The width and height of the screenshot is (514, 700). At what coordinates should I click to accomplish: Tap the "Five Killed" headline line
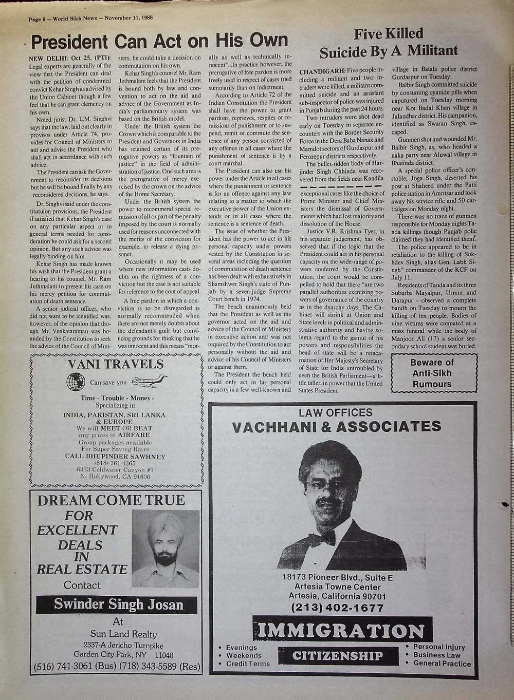[x=389, y=34]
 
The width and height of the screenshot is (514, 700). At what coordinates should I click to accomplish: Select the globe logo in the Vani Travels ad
[x=77, y=383]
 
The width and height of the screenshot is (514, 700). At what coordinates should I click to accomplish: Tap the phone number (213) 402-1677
[x=338, y=608]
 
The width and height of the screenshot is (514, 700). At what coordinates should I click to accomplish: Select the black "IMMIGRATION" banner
[x=340, y=631]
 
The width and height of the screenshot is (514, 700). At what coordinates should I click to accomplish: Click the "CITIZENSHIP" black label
[x=338, y=656]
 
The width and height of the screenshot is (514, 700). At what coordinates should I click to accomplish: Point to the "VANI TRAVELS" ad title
[x=116, y=365]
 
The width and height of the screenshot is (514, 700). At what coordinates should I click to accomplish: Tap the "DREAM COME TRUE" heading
[x=111, y=500]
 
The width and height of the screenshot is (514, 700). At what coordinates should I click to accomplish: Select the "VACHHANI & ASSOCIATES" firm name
[x=337, y=427]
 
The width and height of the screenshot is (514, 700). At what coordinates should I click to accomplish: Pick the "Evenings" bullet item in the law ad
[x=242, y=648]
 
